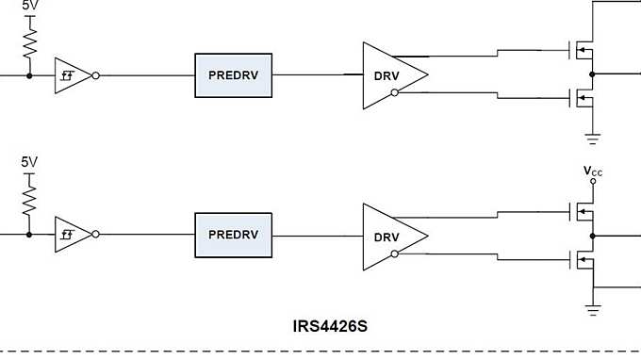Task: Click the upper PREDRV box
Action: (233, 74)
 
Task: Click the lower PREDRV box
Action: (233, 234)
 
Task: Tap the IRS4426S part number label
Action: (330, 326)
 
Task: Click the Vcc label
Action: (593, 171)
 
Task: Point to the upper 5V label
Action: (30, 5)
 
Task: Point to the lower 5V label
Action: (30, 162)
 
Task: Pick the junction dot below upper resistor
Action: (29, 74)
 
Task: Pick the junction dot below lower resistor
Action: (29, 235)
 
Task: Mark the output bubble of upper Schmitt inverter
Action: (96, 74)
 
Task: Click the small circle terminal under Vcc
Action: (592, 181)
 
